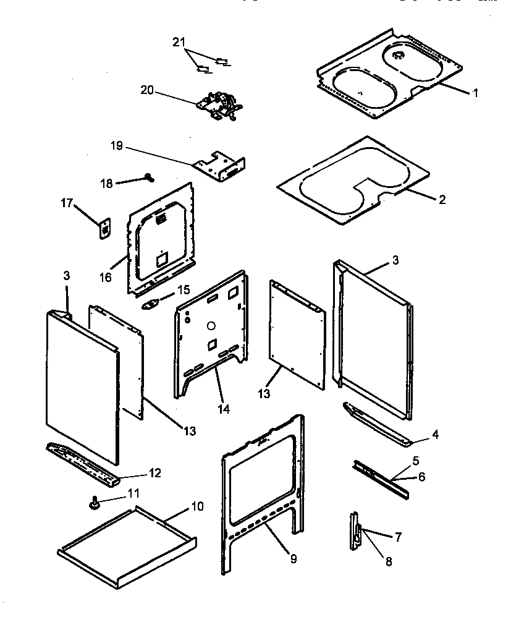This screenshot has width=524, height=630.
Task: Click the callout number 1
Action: (475, 93)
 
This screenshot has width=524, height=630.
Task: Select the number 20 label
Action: (146, 90)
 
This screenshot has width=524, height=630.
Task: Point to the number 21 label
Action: (179, 41)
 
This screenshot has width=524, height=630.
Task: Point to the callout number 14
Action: (223, 409)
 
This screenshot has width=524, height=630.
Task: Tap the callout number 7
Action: (399, 537)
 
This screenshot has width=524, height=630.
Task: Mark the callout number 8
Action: (388, 561)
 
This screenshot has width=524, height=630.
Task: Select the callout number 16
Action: (105, 277)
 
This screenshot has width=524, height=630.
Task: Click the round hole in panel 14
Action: (210, 324)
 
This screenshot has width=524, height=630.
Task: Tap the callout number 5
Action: (415, 460)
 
